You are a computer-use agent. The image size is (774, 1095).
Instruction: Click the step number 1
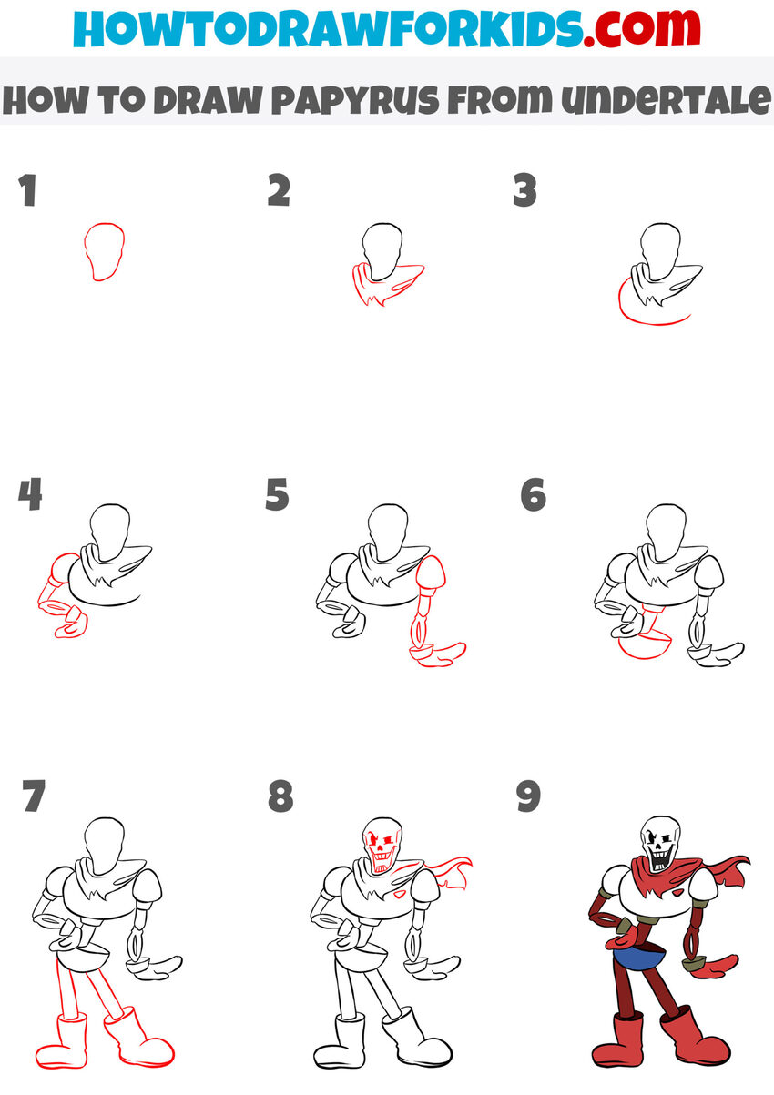pos(28,191)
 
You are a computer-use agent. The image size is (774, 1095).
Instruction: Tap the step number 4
pos(30,495)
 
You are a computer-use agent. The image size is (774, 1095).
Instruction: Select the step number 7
pos(34,796)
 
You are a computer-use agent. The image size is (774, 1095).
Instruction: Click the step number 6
pos(533,495)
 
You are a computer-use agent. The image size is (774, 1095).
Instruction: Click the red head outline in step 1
pos(104,250)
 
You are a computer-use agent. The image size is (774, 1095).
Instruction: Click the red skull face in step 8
pos(382,843)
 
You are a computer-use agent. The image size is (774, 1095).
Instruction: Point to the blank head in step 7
pos(103,839)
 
